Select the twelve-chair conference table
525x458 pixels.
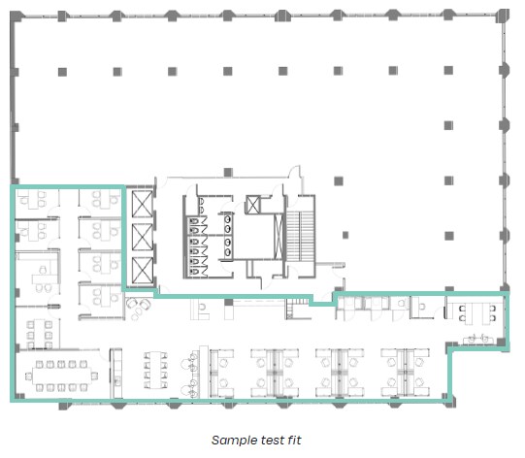(61, 376)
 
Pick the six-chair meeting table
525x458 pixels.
(40, 335)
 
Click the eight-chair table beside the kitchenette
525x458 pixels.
(155, 370)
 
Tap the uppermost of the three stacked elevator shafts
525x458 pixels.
(143, 204)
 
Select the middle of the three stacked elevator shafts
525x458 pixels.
(143, 238)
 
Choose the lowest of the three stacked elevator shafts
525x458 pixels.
(143, 271)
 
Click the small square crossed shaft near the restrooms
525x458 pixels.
(252, 205)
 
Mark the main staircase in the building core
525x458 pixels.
(300, 237)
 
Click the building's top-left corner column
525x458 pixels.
(16, 16)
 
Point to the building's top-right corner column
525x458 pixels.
(503, 16)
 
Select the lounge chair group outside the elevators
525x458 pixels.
(139, 309)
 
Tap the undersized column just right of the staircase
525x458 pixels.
(345, 235)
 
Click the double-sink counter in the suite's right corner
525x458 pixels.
(478, 340)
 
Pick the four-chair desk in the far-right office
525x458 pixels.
(477, 313)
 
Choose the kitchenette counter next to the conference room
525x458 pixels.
(116, 374)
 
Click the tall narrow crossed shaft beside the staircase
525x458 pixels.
(279, 237)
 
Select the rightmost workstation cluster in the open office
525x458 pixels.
(405, 373)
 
